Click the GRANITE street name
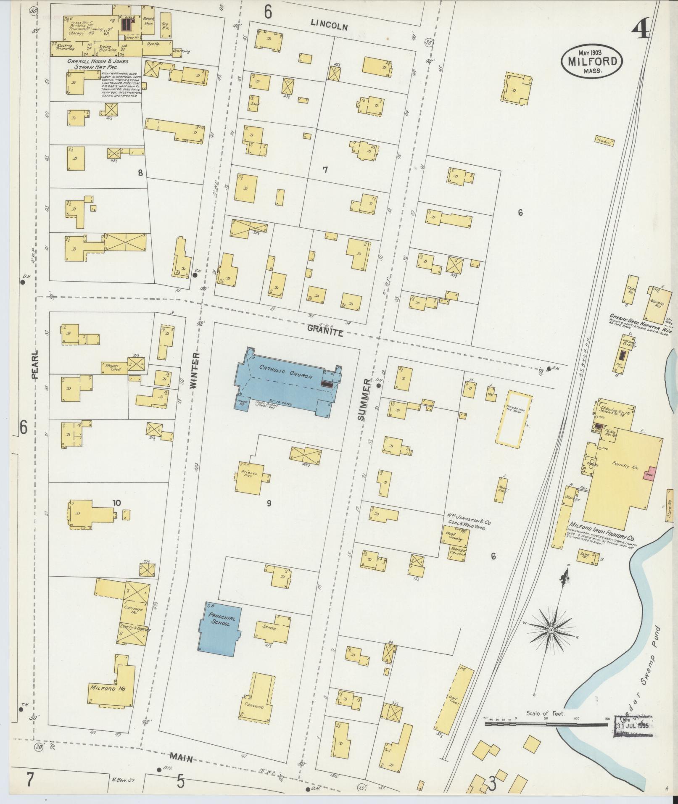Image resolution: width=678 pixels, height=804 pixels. pyautogui.click(x=325, y=332)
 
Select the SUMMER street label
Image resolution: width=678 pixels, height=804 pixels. pyautogui.click(x=365, y=399)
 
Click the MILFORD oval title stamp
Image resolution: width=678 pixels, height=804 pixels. pyautogui.click(x=592, y=61)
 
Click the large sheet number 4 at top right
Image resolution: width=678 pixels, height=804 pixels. pyautogui.click(x=641, y=27)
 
